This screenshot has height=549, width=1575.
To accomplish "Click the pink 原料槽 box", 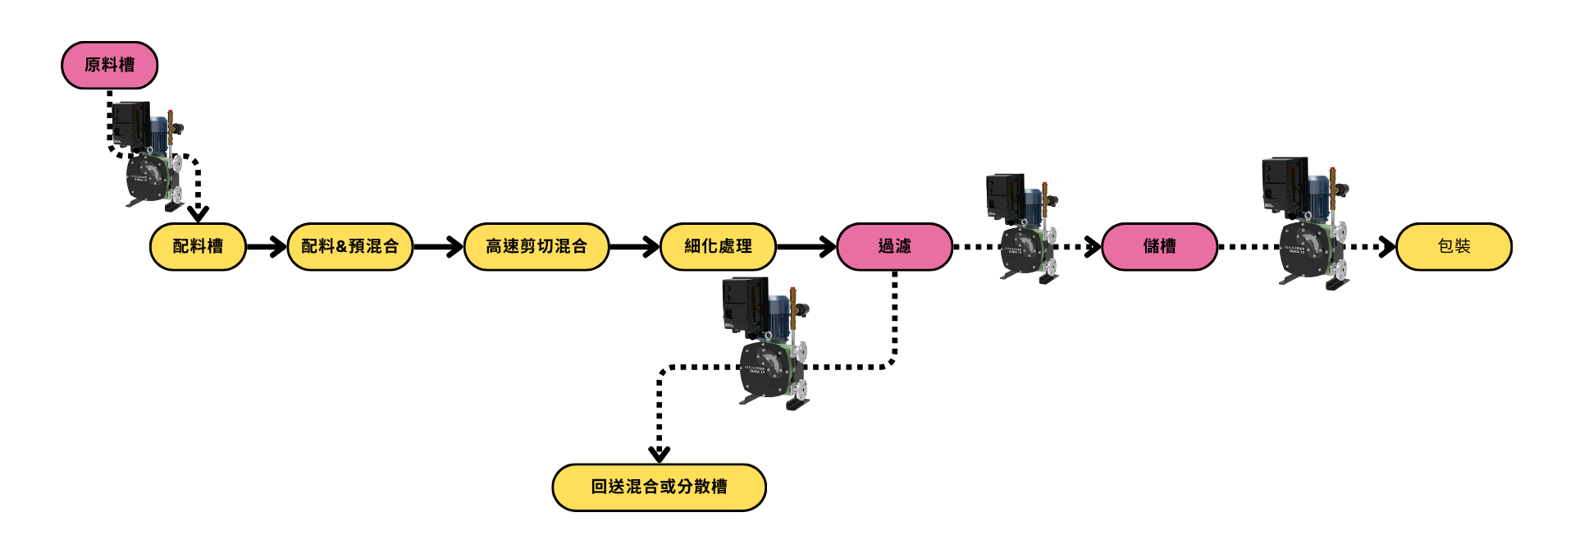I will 109,65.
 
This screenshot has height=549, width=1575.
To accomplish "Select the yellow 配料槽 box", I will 198,246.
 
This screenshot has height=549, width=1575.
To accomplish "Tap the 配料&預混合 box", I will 349,246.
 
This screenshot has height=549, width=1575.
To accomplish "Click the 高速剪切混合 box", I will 536,246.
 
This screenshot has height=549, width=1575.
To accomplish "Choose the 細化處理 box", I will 718,246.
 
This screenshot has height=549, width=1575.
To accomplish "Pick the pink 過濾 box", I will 894,246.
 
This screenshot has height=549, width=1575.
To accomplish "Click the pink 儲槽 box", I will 1159,246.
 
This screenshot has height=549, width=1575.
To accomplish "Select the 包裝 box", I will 1454,246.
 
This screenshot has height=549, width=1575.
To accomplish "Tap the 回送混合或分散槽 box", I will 659,487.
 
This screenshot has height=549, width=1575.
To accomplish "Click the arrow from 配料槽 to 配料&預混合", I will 267,246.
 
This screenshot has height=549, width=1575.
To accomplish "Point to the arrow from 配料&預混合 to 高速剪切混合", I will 439,246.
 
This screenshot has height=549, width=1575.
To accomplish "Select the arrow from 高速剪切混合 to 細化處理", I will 635,246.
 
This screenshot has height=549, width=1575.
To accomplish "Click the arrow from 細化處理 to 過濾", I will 806,246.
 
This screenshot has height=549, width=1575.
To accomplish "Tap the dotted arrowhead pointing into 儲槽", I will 1091,246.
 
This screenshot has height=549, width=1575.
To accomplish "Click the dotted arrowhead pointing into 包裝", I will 1386,246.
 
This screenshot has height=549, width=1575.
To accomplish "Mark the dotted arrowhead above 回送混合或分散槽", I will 659,452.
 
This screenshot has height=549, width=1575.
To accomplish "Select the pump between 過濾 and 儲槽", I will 1022,227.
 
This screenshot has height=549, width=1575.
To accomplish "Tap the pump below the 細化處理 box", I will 765,345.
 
